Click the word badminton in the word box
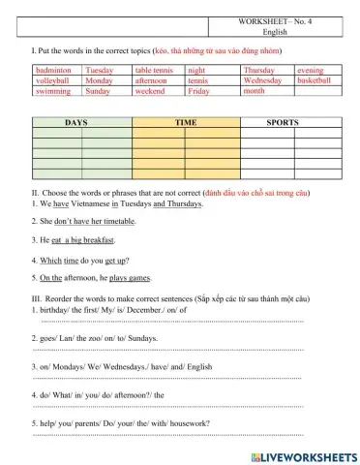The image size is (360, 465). (x=53, y=71)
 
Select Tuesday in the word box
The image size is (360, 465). (x=99, y=71)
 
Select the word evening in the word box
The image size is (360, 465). (x=311, y=71)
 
